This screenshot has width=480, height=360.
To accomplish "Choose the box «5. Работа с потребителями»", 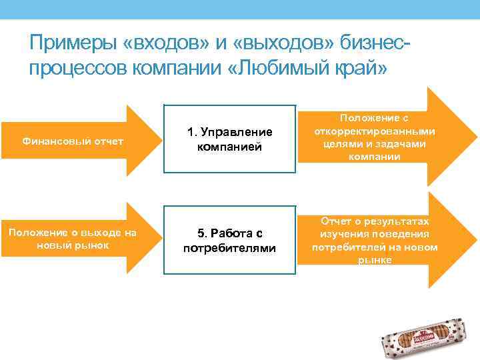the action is (x=229, y=241).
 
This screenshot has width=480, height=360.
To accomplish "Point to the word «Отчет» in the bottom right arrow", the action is (x=337, y=221).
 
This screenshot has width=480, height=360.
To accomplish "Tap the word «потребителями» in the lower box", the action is (x=229, y=249).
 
